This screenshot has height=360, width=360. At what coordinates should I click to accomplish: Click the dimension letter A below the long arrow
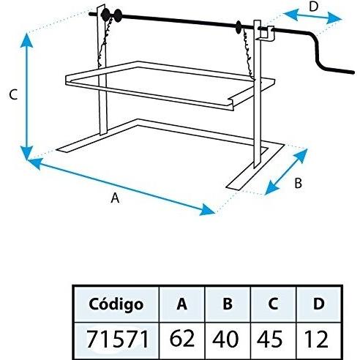point(115,198)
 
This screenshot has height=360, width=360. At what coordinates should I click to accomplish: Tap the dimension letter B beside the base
point(298,183)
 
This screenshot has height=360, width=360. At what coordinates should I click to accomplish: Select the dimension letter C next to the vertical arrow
point(13,94)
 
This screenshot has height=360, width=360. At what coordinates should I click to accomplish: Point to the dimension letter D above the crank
point(313,7)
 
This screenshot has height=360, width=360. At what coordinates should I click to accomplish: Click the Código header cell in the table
point(116,304)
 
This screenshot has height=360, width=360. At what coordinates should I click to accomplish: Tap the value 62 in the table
point(182,338)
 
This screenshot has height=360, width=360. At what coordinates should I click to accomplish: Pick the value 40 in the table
point(225,339)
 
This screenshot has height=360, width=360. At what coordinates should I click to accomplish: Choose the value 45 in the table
point(270,339)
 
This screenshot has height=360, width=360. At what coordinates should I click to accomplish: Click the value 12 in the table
point(316,339)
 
